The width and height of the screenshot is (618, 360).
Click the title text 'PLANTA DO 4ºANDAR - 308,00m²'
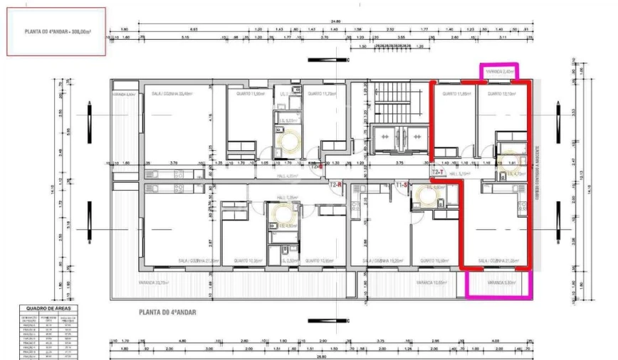click(60, 32)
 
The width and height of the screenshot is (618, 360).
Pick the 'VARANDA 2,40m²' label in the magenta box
click(499, 72)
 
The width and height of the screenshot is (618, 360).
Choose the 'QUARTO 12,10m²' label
click(491, 93)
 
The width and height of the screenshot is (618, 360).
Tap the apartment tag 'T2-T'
click(438, 172)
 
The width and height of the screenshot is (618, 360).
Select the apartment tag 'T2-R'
click(336, 184)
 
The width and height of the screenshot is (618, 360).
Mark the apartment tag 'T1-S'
click(402, 185)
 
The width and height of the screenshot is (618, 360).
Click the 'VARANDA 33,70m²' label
click(153, 282)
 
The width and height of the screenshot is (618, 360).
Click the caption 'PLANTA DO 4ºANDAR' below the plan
click(167, 312)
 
